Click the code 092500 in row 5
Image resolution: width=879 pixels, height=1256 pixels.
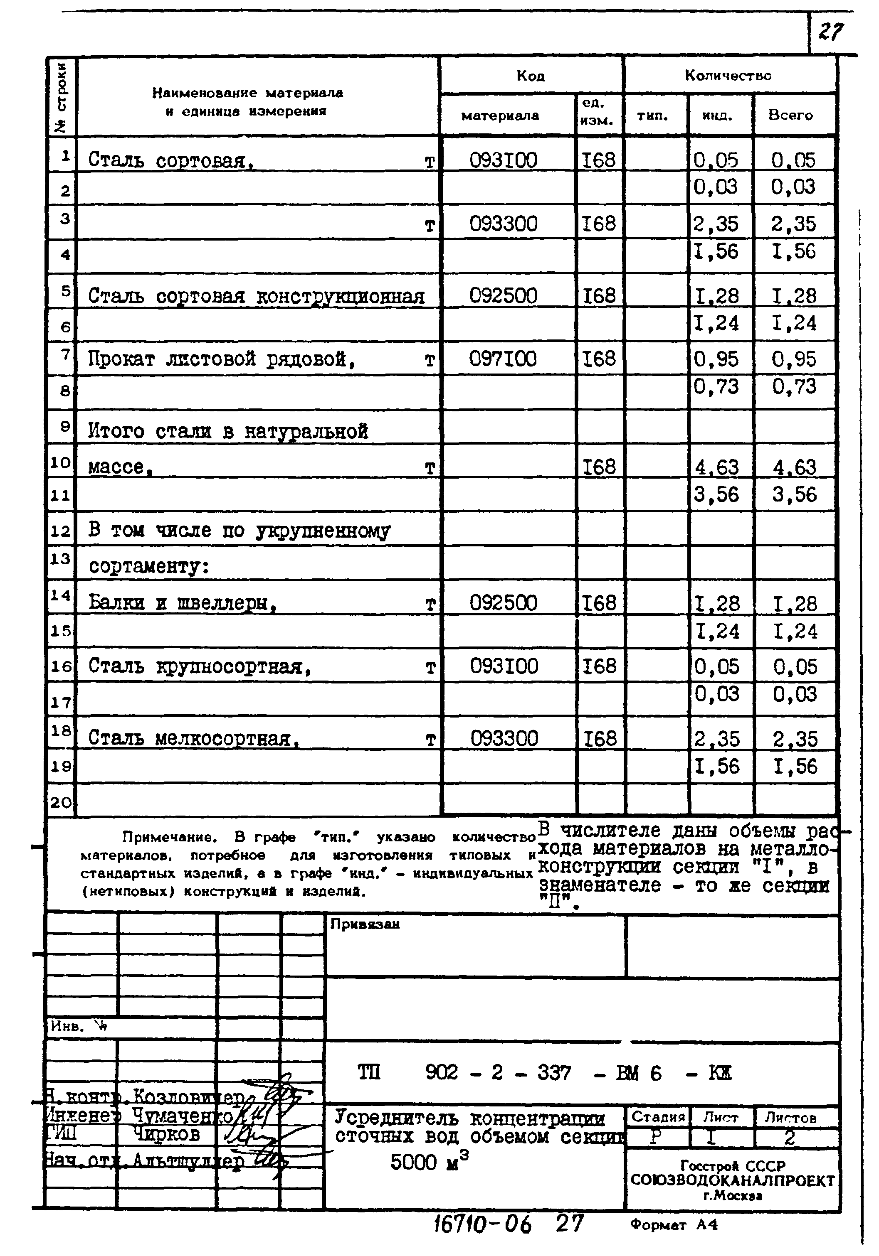point(503,295)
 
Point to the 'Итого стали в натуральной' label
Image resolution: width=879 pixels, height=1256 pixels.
point(228,431)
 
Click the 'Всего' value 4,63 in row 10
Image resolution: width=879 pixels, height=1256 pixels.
point(794,467)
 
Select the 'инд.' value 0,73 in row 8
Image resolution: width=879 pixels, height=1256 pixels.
point(716,387)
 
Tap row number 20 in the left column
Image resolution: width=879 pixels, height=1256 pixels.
point(61,803)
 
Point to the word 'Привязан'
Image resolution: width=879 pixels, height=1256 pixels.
point(365,924)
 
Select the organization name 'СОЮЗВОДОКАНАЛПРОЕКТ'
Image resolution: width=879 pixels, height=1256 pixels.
point(732,1180)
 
